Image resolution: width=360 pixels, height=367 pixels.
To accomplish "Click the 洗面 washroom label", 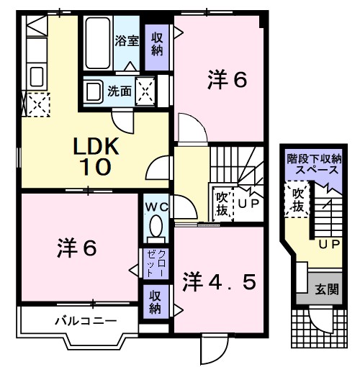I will point(120,91).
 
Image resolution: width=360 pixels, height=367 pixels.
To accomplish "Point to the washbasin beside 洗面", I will point(93,92).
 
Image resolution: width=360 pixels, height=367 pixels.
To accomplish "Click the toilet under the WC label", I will point(154,228).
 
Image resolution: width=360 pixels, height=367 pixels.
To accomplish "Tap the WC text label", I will point(155,207).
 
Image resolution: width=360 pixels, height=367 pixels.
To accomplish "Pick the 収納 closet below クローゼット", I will point(155,302).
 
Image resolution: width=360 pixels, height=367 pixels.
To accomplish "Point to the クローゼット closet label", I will point(156,263).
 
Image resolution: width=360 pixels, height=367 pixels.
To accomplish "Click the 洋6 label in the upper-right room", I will point(228,79).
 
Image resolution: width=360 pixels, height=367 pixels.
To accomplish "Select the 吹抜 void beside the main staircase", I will point(222,204).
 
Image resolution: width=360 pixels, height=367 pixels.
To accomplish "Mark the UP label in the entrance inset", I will point(329,245).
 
